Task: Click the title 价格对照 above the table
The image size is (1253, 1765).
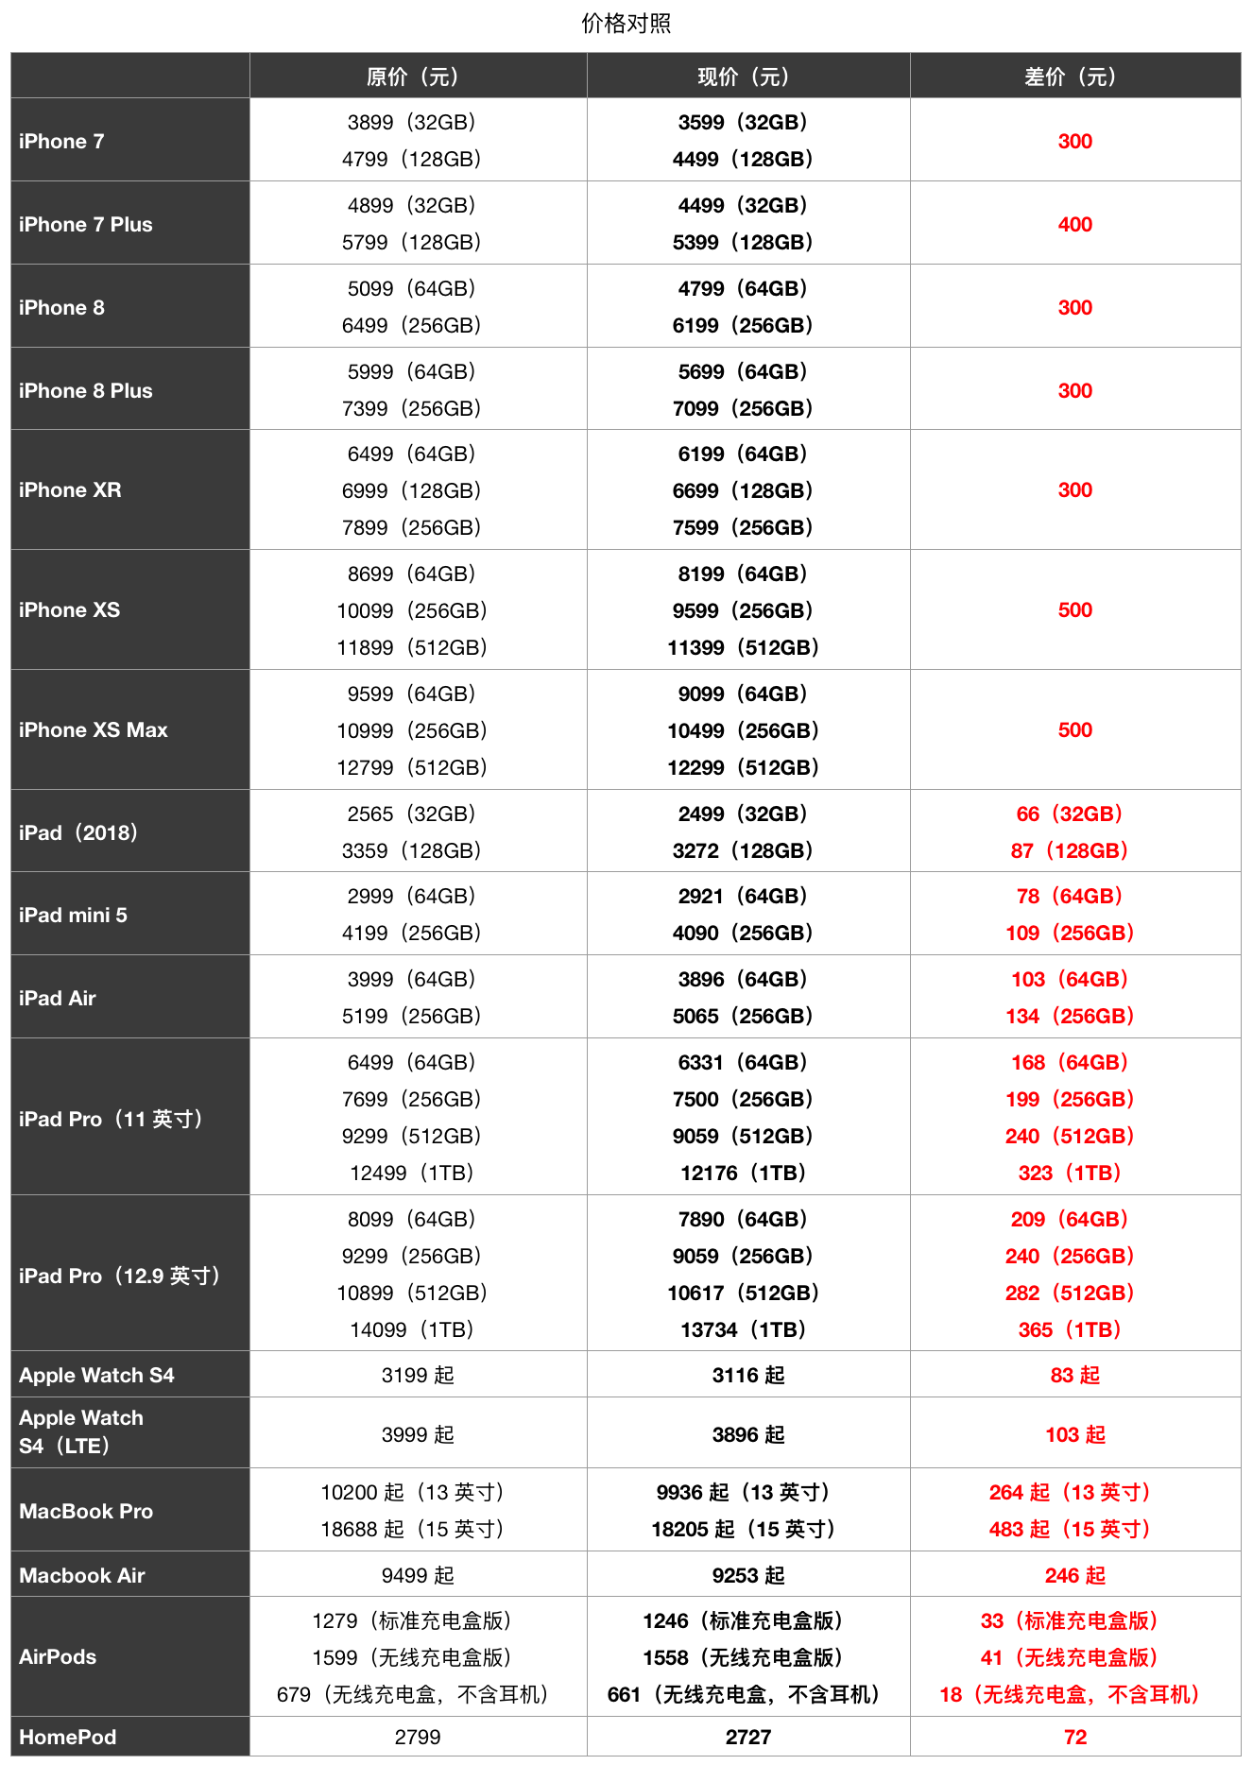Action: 626,24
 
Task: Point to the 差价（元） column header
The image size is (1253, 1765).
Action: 1074,77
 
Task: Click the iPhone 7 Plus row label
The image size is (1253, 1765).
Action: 86,225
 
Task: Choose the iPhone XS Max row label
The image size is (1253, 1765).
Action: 94,730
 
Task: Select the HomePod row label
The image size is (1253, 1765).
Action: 68,1738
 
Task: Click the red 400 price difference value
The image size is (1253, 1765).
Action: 1074,225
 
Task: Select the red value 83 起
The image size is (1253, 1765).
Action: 1074,1376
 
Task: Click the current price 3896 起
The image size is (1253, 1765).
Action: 747,1435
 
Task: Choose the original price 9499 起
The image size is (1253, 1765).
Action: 417,1576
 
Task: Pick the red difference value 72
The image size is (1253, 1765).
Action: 1074,1738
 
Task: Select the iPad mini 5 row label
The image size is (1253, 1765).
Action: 74,916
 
